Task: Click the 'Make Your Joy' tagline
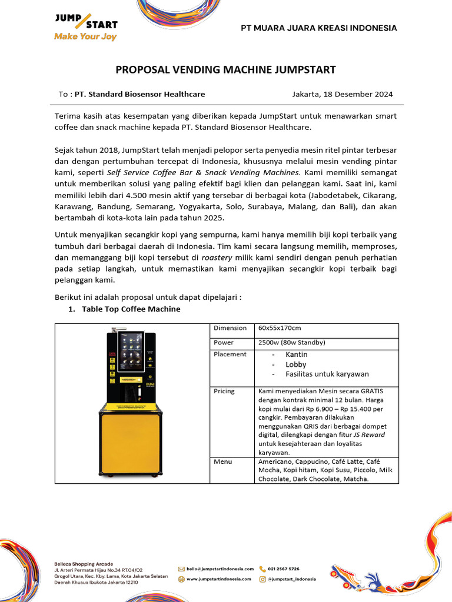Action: point(85,36)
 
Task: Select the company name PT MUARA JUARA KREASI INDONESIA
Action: point(319,28)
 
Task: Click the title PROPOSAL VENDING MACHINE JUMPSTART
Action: point(225,70)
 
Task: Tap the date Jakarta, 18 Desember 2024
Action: point(343,94)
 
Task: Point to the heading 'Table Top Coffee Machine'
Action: point(131,309)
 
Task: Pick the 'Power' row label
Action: point(224,342)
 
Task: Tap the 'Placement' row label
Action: point(230,354)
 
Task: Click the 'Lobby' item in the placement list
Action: point(296,364)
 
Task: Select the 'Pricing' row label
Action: point(224,391)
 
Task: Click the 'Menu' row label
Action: point(223,461)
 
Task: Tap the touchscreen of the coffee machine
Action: point(131,352)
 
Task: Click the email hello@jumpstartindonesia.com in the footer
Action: point(220,569)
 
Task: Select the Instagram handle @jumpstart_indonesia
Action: point(291,579)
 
